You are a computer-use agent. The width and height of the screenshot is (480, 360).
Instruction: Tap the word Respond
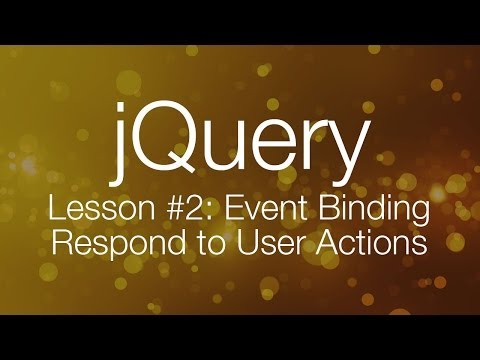(x=108, y=244)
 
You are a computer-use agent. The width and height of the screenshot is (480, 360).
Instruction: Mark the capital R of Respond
(x=61, y=242)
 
